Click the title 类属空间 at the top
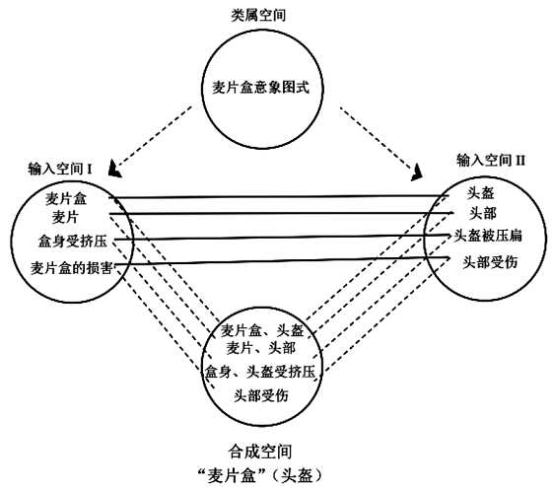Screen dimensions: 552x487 coord(258,15)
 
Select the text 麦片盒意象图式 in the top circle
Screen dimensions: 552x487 coord(260,88)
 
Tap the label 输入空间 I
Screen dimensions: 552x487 coord(60,169)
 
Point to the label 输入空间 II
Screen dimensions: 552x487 coord(491,161)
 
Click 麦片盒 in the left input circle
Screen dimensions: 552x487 coord(66,199)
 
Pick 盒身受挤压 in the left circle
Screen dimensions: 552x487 coord(73,242)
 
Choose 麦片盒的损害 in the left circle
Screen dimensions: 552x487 coord(72,268)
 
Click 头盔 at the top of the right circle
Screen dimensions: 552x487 coord(481,193)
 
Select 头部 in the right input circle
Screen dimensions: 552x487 coord(483,213)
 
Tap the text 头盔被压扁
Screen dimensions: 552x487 coord(488,236)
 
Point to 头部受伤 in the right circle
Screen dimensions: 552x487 coord(490,262)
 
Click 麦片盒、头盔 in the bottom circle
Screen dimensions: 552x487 coord(262,330)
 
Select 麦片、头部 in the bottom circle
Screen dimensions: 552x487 coord(261,348)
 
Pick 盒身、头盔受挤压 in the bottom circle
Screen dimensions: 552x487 coord(260,372)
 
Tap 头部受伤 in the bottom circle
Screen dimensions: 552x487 coord(261,395)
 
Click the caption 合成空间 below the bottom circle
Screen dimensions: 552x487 coord(260,452)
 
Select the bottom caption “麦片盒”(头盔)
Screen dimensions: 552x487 coord(260,476)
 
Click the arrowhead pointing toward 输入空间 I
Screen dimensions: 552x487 coord(114,170)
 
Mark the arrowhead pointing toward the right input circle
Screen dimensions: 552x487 coord(417,174)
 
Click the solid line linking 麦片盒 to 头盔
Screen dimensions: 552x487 coord(279,196)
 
